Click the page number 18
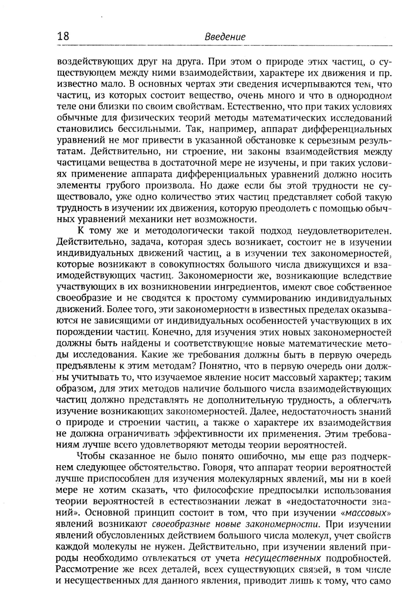click(x=63, y=37)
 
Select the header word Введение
click(x=225, y=37)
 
